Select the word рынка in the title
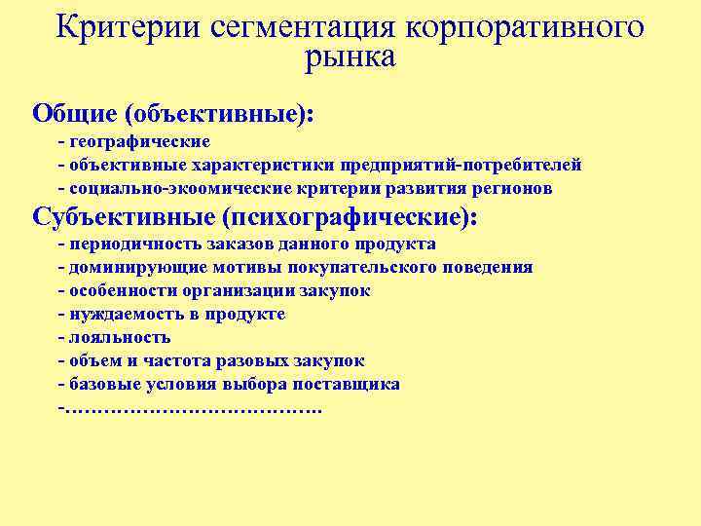350,58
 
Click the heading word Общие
74,113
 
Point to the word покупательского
370,267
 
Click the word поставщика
353,384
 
